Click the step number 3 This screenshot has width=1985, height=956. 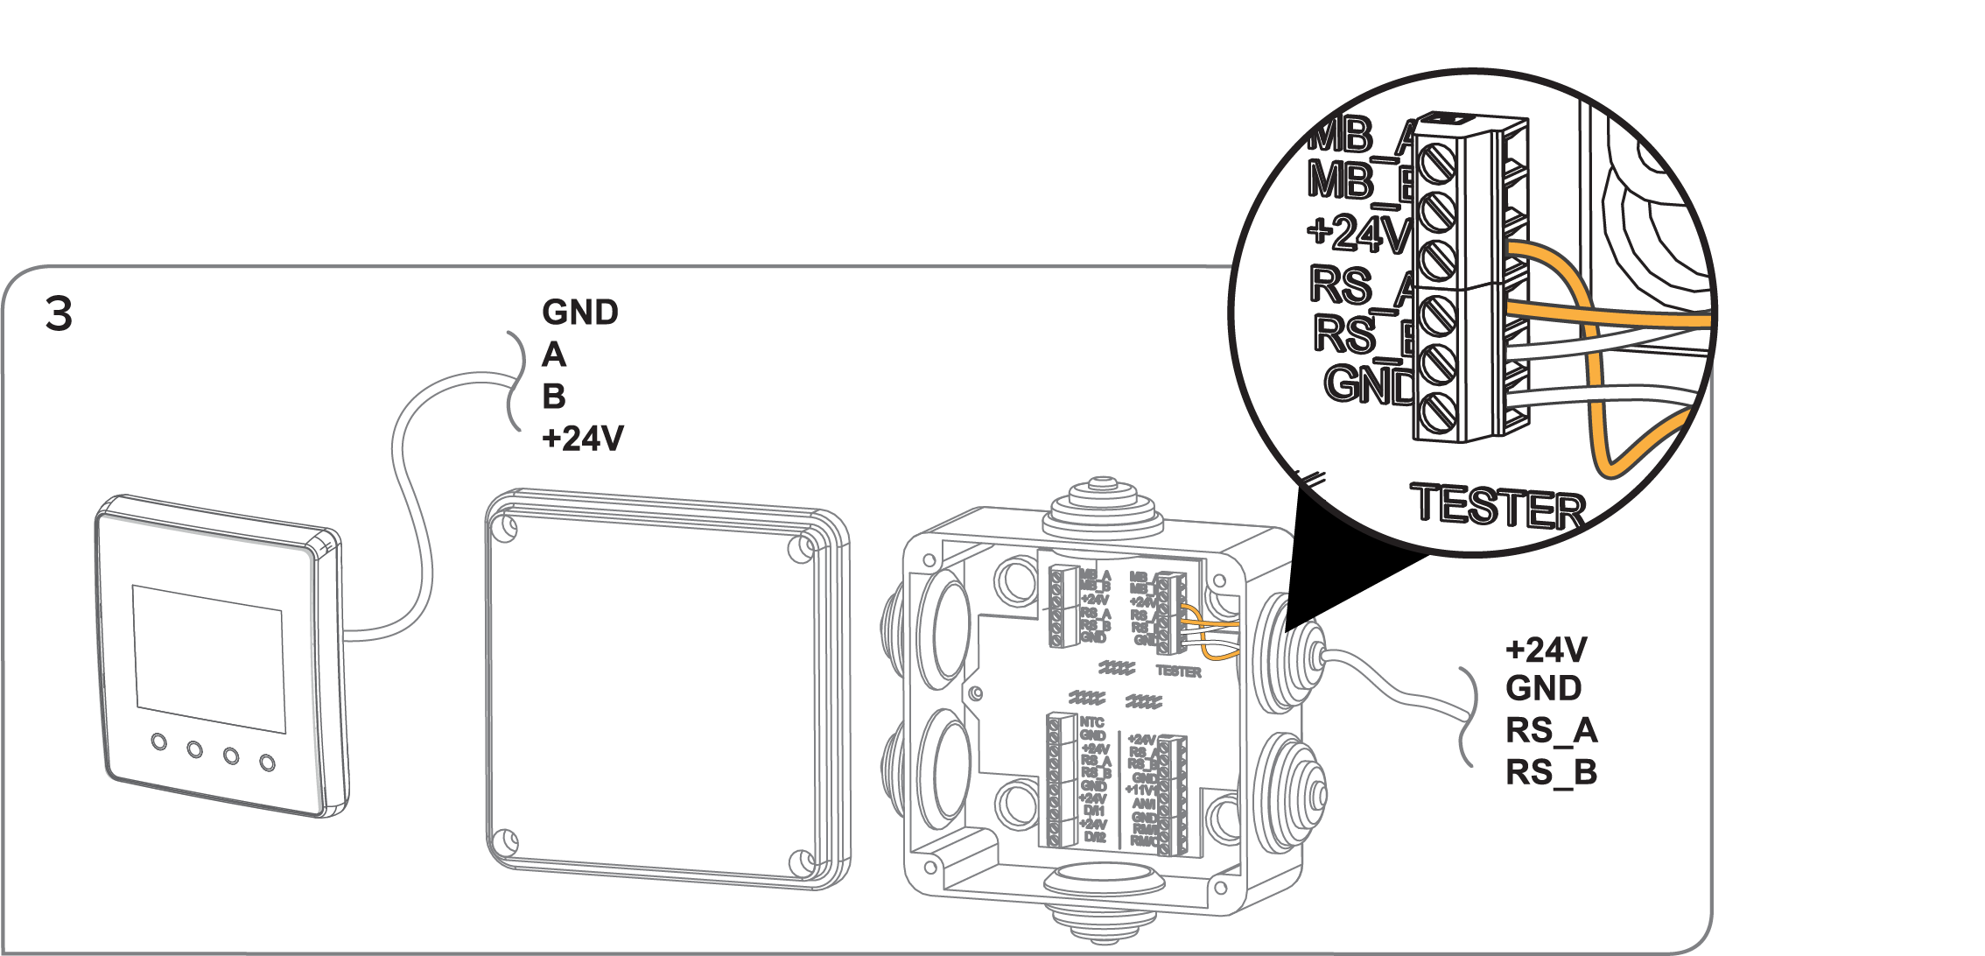click(x=59, y=313)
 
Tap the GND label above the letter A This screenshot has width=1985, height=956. click(x=579, y=313)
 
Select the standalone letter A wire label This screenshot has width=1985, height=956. click(x=554, y=355)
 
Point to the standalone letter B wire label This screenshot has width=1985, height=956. click(x=554, y=397)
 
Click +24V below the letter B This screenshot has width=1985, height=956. click(x=582, y=439)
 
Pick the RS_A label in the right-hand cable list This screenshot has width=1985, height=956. click(x=1551, y=730)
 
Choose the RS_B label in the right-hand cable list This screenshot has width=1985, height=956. click(x=1551, y=772)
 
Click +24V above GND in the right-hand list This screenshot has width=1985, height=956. click(x=1546, y=650)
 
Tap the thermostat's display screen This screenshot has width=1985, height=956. click(x=209, y=658)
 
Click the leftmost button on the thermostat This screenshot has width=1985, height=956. click(x=158, y=742)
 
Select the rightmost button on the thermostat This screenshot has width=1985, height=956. click(x=268, y=763)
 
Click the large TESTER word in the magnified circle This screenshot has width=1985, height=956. click(x=1498, y=506)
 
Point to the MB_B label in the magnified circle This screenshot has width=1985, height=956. click(x=1359, y=181)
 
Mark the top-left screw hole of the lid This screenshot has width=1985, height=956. click(x=506, y=528)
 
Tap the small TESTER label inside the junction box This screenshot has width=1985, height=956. click(x=1178, y=671)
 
